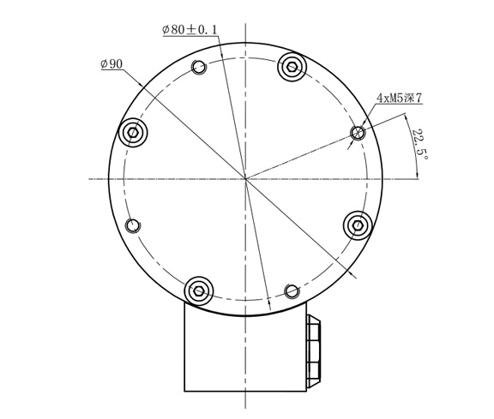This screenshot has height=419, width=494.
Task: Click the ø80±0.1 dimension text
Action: point(190,30)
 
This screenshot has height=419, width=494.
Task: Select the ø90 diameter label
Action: point(111,64)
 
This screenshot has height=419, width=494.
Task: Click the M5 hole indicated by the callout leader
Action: point(358,133)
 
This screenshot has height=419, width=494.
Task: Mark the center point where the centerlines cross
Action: point(245,179)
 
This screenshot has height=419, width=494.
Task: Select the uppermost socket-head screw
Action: point(292,66)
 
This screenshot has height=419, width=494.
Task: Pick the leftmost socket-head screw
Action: point(133,132)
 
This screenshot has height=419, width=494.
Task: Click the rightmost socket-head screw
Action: point(358,225)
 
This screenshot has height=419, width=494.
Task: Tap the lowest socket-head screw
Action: point(199,291)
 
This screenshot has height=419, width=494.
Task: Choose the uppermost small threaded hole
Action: point(199,68)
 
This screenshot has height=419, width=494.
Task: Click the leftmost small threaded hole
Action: point(133,225)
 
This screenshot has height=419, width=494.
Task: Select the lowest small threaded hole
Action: point(292,291)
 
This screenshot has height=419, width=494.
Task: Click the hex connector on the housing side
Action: point(314,350)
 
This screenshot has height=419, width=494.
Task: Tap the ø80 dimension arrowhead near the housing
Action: point(269,303)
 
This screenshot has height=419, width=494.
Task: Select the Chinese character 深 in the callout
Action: point(407,99)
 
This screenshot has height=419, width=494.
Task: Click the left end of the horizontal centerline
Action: point(90,179)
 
